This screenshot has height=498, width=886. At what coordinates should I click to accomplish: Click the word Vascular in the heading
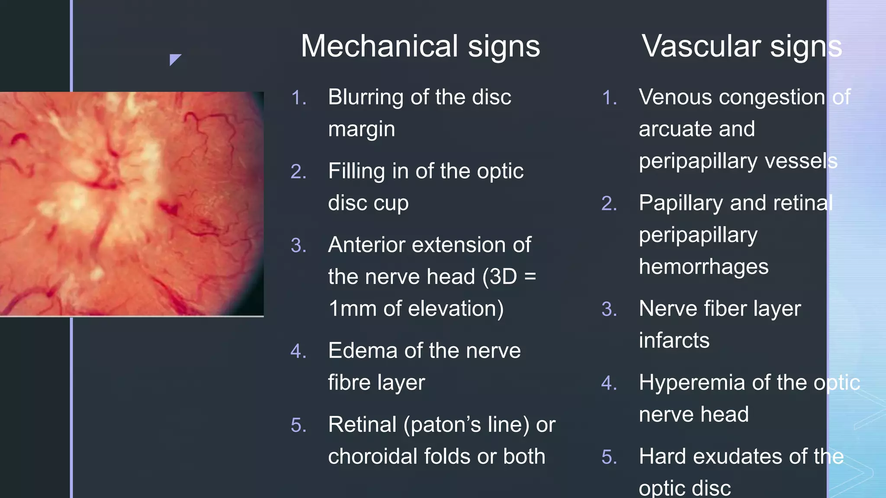coord(701,46)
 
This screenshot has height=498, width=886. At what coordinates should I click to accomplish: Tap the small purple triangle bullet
coord(174,59)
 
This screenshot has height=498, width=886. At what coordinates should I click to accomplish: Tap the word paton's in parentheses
coord(442,425)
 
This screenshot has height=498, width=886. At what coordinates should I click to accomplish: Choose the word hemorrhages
coord(703,267)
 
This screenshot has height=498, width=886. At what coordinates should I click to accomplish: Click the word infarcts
coord(674,341)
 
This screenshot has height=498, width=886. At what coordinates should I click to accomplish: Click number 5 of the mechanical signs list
coord(299,425)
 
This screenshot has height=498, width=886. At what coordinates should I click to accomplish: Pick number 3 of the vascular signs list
coord(609,310)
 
